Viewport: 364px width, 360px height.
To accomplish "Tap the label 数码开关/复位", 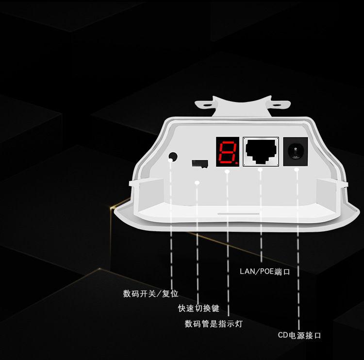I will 151,294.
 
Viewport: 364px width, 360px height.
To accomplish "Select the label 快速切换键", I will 199,309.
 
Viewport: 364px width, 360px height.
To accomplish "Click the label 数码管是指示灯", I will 214,324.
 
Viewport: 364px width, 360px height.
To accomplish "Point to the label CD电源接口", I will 299,336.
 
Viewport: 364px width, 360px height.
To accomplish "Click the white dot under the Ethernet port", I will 261,170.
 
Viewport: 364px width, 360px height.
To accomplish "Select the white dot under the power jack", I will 297,169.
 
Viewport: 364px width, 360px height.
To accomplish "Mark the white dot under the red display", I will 227,171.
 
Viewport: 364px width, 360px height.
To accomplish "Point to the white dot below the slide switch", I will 197,183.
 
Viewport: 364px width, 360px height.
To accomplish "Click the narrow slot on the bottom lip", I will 238,213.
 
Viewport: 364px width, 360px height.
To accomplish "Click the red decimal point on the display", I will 236,164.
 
